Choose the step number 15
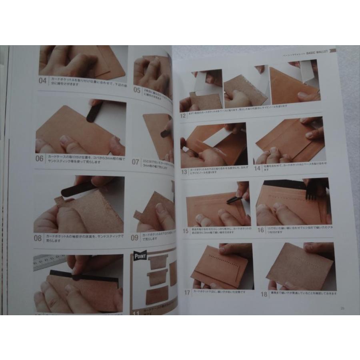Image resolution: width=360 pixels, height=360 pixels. coord(186,230)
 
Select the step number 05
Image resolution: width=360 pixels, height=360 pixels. coord(137,90)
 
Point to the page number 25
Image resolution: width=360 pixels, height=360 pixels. coord(342,308)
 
